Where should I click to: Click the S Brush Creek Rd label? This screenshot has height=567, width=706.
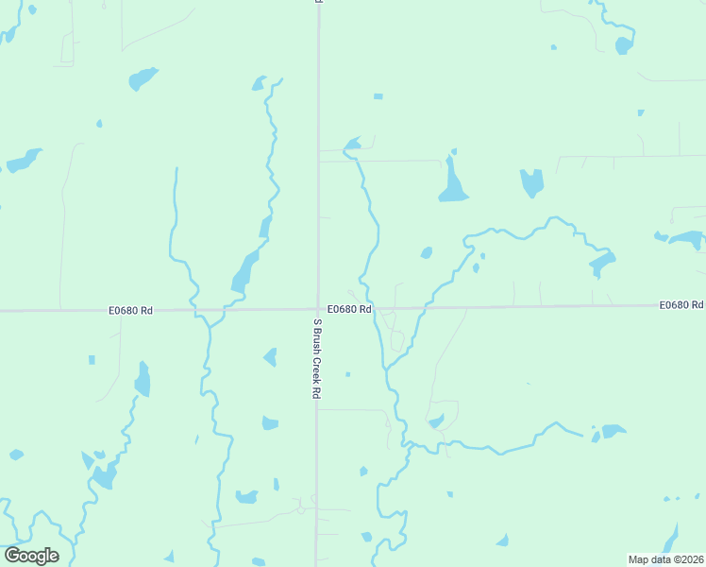tap(317, 358)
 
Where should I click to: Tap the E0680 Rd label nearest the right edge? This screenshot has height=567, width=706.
tap(681, 304)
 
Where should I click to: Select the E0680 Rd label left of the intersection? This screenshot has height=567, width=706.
tap(130, 309)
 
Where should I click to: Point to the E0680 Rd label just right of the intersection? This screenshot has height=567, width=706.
tap(349, 309)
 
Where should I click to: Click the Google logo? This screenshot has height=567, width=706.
tap(31, 556)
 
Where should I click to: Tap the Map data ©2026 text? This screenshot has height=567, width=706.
tap(664, 559)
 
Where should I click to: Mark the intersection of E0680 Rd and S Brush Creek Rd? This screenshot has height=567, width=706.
tap(317, 308)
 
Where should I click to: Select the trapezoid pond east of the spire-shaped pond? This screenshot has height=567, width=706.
tap(532, 181)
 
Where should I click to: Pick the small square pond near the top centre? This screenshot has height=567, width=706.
tap(378, 96)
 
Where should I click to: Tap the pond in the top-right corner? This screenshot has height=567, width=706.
tap(623, 44)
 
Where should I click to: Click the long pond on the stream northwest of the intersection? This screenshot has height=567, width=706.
tap(244, 271)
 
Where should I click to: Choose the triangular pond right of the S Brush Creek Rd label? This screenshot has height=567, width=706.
tap(270, 357)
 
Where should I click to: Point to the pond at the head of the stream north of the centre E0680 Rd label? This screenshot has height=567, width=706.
tap(352, 145)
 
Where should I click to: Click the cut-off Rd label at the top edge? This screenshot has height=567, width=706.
tap(318, 3)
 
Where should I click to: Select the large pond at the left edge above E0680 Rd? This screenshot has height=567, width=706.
tap(24, 160)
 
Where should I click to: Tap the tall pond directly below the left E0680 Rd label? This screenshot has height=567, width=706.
tap(143, 380)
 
